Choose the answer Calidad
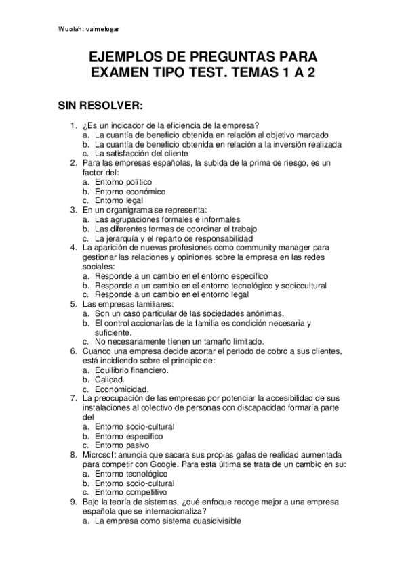(x=110, y=380)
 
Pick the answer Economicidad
(x=121, y=389)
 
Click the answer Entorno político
(x=123, y=181)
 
